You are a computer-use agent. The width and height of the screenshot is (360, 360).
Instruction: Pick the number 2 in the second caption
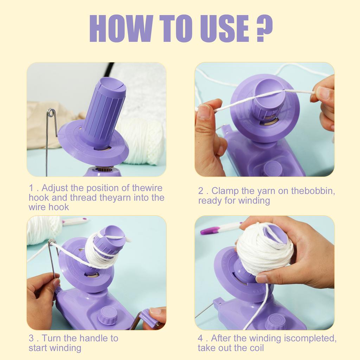coord(201,191)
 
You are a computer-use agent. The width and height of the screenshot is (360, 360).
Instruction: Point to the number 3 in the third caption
coord(31,339)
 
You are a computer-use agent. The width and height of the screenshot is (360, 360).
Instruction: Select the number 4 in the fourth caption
coord(200,339)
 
